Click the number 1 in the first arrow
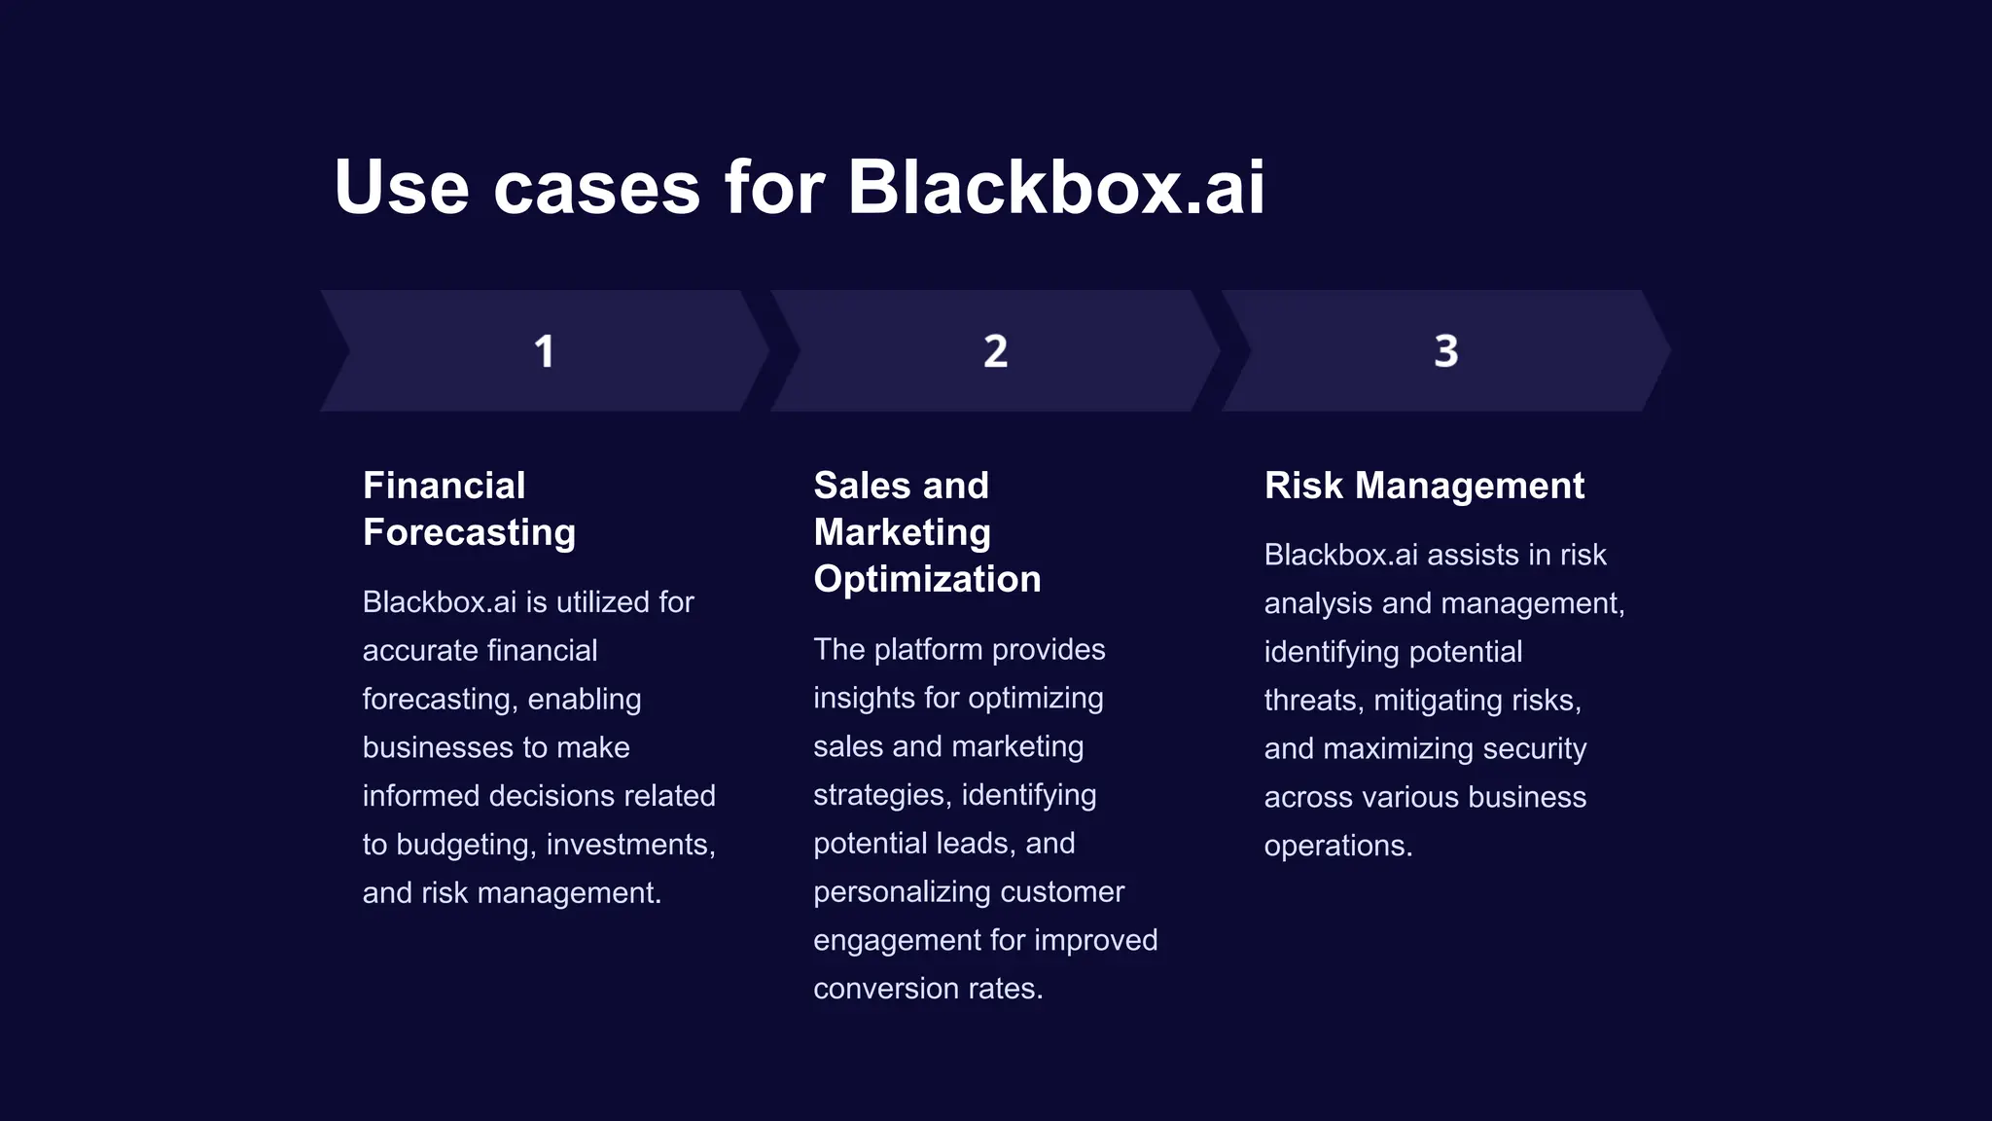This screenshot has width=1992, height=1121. pyautogui.click(x=544, y=351)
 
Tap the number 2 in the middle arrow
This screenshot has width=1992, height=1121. pyautogui.click(x=995, y=351)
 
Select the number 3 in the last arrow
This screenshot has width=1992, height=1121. pyautogui.click(x=1445, y=351)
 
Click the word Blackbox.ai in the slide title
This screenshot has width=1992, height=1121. pyautogui.click(x=1056, y=187)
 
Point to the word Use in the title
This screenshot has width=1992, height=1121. pyautogui.click(x=402, y=187)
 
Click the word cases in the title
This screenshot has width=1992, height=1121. pyautogui.click(x=596, y=187)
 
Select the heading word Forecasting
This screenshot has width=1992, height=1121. pyautogui.click(x=469, y=533)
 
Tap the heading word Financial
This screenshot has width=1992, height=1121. pyautogui.click(x=444, y=486)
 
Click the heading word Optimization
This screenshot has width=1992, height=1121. pyautogui.click(x=927, y=580)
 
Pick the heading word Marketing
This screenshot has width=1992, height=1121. pyautogui.click(x=902, y=533)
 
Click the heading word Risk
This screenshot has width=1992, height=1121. pyautogui.click(x=1303, y=486)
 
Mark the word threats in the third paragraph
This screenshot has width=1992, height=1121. pyautogui.click(x=1309, y=701)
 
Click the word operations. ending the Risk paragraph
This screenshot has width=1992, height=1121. pyautogui.click(x=1337, y=846)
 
